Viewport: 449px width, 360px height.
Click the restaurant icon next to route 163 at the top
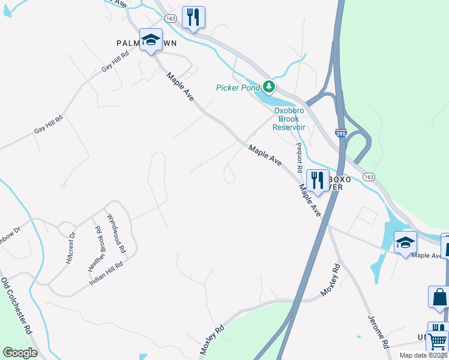coord(193,17)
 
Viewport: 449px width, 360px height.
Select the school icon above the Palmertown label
coord(151,40)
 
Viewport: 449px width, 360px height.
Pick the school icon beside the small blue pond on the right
coord(405,242)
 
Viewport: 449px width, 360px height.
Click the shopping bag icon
coord(439,297)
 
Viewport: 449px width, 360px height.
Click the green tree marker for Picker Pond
coord(270,88)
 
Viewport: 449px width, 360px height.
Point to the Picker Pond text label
coord(238,88)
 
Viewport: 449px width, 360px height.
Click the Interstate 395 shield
coord(340,134)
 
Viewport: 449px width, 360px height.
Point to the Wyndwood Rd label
coord(116,233)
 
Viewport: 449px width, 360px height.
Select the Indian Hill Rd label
coord(107,273)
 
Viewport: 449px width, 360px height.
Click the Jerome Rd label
coord(378,332)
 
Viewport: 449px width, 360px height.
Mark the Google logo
coord(20,353)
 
